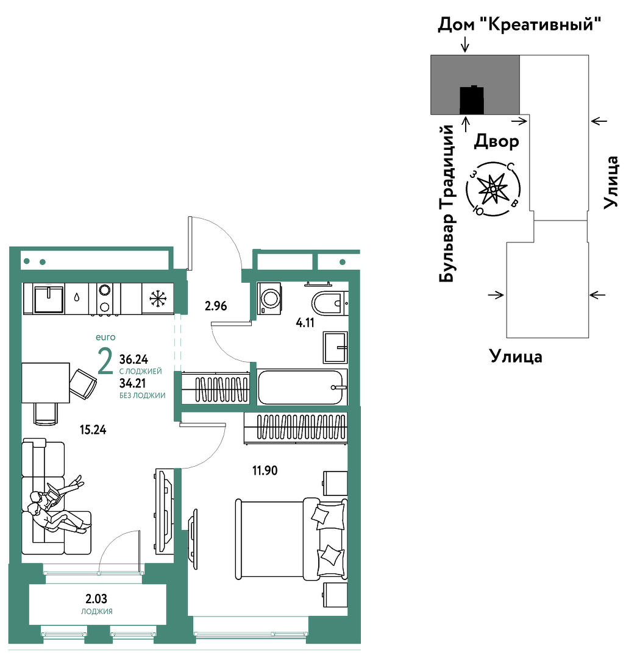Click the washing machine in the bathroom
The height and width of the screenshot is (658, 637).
click(269, 299)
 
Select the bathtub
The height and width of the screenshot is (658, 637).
click(302, 387)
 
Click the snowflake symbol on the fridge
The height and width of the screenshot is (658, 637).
click(158, 299)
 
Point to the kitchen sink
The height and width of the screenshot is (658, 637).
click(48, 299)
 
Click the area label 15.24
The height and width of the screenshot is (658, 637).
click(93, 430)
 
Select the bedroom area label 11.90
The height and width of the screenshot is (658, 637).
click(265, 470)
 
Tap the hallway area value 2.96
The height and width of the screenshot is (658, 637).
click(216, 306)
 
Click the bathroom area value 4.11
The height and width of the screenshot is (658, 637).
click(305, 323)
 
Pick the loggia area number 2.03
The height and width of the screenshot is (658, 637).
click(96, 598)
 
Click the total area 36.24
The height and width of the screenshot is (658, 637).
click(134, 359)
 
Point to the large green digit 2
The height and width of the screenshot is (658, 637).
click(105, 361)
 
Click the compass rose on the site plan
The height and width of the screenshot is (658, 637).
click(493, 189)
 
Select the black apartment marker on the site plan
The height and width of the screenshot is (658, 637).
click(472, 100)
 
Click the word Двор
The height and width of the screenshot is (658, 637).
click(496, 141)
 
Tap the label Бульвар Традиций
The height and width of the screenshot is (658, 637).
click(447, 203)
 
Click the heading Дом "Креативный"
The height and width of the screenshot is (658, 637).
click(519, 24)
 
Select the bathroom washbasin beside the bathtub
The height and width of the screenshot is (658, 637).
click(335, 347)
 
